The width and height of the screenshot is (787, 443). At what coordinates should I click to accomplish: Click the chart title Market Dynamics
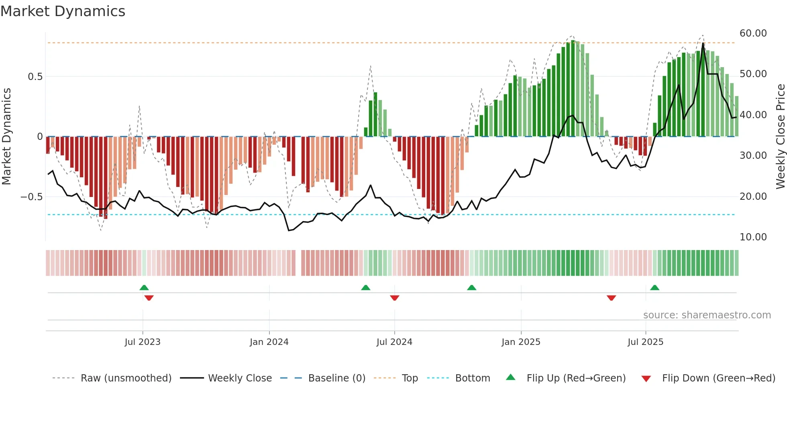click(63, 11)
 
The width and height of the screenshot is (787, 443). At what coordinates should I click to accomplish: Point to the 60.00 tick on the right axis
click(753, 33)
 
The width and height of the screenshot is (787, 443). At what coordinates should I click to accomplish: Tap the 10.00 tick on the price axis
click(753, 237)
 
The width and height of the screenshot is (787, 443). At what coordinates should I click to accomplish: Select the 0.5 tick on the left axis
click(35, 77)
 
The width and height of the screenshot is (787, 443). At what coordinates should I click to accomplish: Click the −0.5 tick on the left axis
click(32, 197)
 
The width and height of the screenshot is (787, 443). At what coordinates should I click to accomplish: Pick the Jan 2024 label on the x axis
click(269, 342)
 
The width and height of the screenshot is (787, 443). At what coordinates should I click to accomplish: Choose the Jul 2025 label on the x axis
click(645, 342)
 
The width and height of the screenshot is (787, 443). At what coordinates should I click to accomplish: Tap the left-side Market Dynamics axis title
click(6, 137)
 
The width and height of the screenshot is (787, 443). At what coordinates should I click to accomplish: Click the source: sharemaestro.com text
click(707, 315)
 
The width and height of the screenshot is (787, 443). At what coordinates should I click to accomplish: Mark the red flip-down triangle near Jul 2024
click(394, 298)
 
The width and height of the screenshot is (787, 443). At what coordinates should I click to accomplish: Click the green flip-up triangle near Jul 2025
click(654, 287)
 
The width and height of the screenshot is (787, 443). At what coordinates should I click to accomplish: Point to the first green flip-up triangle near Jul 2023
click(144, 287)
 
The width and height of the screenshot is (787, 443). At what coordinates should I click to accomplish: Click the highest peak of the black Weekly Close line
click(703, 43)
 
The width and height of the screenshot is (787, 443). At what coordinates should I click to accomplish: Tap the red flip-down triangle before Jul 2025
click(611, 298)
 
